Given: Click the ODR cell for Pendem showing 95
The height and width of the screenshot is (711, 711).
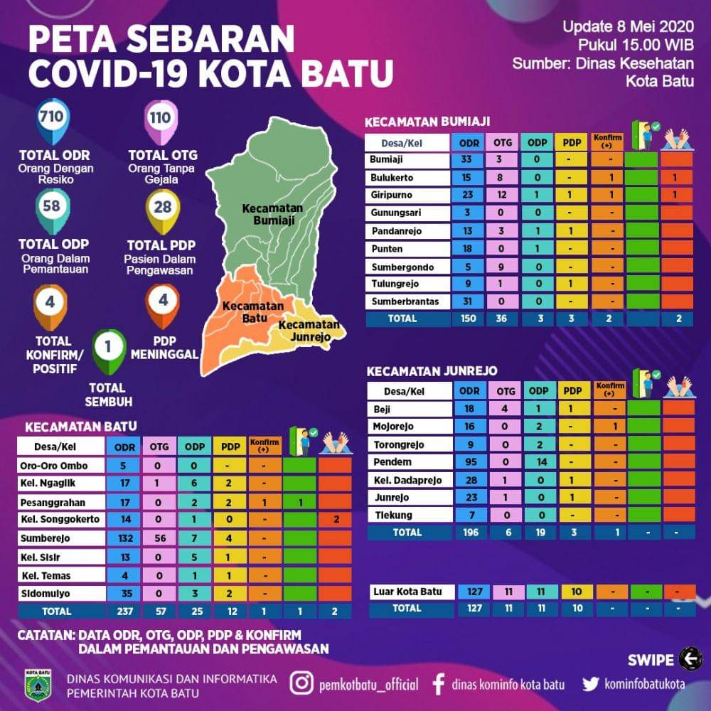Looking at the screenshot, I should [469, 463].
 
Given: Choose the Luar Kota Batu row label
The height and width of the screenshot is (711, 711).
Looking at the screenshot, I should [407, 592].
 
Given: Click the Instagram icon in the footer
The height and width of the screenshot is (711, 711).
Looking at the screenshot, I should [302, 684].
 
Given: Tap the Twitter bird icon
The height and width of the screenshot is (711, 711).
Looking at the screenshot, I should [590, 684].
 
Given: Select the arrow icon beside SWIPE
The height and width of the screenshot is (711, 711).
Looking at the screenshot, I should [690, 659].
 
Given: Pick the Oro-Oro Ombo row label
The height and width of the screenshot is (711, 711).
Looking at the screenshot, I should [53, 466].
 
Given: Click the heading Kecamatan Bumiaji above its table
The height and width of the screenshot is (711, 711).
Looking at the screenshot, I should [427, 122].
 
